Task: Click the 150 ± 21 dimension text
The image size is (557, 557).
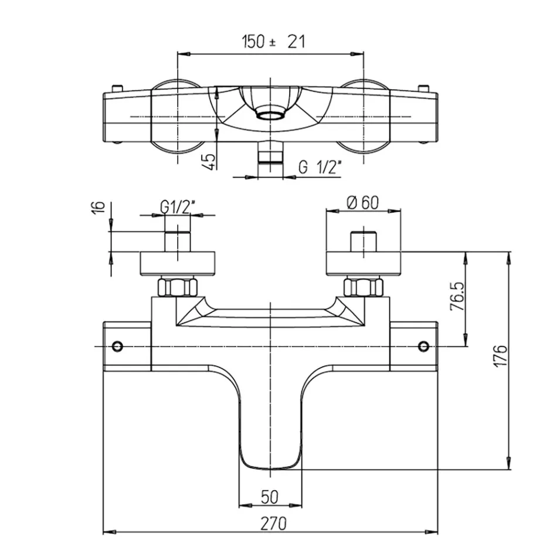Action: pos(274,42)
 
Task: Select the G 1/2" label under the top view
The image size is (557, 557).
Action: pos(320,167)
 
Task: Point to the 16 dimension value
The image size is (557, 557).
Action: pos(100,207)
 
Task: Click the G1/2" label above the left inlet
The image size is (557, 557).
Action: pos(178,207)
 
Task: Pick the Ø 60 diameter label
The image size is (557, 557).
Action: pos(363,202)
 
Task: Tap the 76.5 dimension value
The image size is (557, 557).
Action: pos(457,297)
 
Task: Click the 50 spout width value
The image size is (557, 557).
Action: pos(270,497)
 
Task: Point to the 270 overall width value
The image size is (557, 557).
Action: pos(274,524)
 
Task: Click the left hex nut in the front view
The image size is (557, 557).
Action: pos(177,287)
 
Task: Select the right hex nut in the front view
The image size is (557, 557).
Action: pos(364,287)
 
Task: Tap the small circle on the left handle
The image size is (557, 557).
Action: pos(117,346)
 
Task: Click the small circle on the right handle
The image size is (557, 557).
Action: pos(424,346)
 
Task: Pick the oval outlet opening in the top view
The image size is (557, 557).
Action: pos(270,114)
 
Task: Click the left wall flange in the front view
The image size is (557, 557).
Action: pos(178,264)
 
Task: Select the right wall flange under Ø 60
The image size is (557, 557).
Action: pos(364,264)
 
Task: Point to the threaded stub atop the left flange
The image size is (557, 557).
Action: pos(178,242)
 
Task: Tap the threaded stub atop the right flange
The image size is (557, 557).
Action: pos(364,242)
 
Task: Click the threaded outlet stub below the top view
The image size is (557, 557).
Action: pos(270,152)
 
